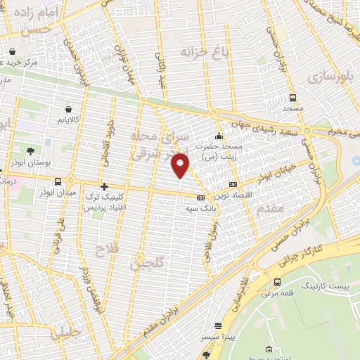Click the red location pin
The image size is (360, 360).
181,165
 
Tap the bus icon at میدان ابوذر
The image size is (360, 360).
68,181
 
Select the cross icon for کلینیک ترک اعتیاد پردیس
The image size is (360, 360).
105,186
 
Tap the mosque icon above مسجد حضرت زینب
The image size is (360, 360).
219,136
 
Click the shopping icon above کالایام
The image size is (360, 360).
68,109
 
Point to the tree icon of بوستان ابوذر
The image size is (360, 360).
30,151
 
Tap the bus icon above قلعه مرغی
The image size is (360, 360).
277,282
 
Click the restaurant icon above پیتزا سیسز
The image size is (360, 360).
218,326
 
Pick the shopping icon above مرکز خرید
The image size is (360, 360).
13,51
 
